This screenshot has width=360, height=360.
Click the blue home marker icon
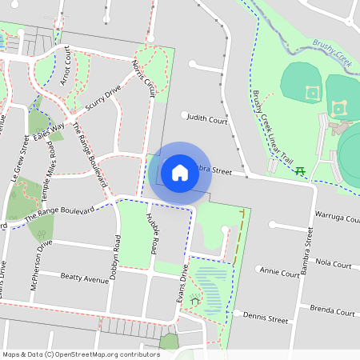click(x=180, y=172)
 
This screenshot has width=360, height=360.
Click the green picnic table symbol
click(x=301, y=170)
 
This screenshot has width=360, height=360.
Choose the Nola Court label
click(x=334, y=263)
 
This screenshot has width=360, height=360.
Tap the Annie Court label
click(x=280, y=273)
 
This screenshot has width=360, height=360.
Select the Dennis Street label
click(x=266, y=318)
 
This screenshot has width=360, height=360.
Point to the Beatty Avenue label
click(x=84, y=278)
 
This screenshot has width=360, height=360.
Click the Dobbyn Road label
click(x=118, y=255)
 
